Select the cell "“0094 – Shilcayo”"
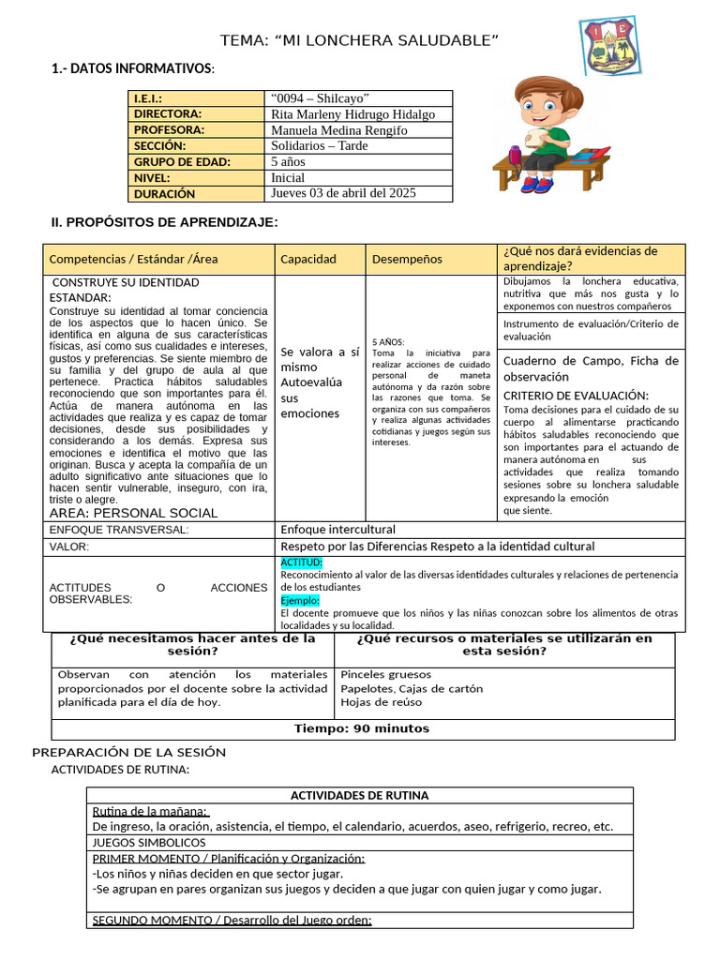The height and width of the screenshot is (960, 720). point(320,98)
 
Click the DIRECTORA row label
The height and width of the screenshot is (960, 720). point(168,114)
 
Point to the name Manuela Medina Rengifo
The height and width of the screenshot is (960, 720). point(338,130)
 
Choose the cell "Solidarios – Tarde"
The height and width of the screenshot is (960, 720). point(319,146)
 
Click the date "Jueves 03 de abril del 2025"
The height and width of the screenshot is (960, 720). point(343,193)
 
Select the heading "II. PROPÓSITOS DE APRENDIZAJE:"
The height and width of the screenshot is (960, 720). point(164,222)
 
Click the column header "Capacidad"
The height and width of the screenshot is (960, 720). point(308,259)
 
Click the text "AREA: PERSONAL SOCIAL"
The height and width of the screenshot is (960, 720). point(133,513)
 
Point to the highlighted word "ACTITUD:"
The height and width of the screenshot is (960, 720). point(301,562)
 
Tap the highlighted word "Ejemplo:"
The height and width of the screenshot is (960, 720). point(300,600)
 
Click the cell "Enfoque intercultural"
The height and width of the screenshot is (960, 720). point(338,530)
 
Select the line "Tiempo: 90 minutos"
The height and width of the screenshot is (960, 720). point(362,728)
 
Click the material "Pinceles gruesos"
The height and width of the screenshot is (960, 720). point(386,674)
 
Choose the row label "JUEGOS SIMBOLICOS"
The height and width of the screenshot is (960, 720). point(149,843)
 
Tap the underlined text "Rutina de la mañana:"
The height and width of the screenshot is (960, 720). point(150,812)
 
